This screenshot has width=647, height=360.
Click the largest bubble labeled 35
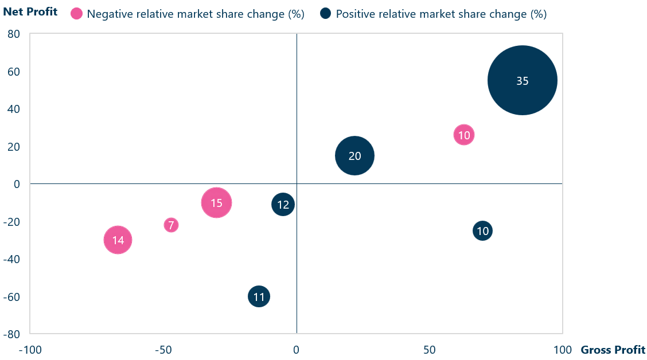[522, 81]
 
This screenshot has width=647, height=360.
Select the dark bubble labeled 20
[354, 156]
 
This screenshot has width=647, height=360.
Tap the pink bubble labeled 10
[464, 135]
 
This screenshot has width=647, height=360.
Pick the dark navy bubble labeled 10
[483, 231]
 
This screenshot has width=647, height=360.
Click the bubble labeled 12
[283, 205]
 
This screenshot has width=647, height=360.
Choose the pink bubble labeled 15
[216, 203]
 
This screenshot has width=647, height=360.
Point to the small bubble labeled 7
[171, 225]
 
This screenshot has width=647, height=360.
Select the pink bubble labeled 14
[118, 240]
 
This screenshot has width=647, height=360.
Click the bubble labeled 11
[259, 297]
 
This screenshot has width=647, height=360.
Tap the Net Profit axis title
[30, 11]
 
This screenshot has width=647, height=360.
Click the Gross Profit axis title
[613, 350]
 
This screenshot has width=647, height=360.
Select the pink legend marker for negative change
[76, 14]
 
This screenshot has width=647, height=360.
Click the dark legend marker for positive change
[325, 14]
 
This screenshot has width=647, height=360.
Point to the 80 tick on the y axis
[13, 34]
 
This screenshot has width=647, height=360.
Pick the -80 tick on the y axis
[12, 334]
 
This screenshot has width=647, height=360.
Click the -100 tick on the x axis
[30, 350]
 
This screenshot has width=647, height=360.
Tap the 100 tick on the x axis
[562, 350]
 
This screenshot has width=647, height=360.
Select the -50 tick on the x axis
[163, 350]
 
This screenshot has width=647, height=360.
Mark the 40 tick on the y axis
[13, 109]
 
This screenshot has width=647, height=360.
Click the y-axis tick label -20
[12, 222]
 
